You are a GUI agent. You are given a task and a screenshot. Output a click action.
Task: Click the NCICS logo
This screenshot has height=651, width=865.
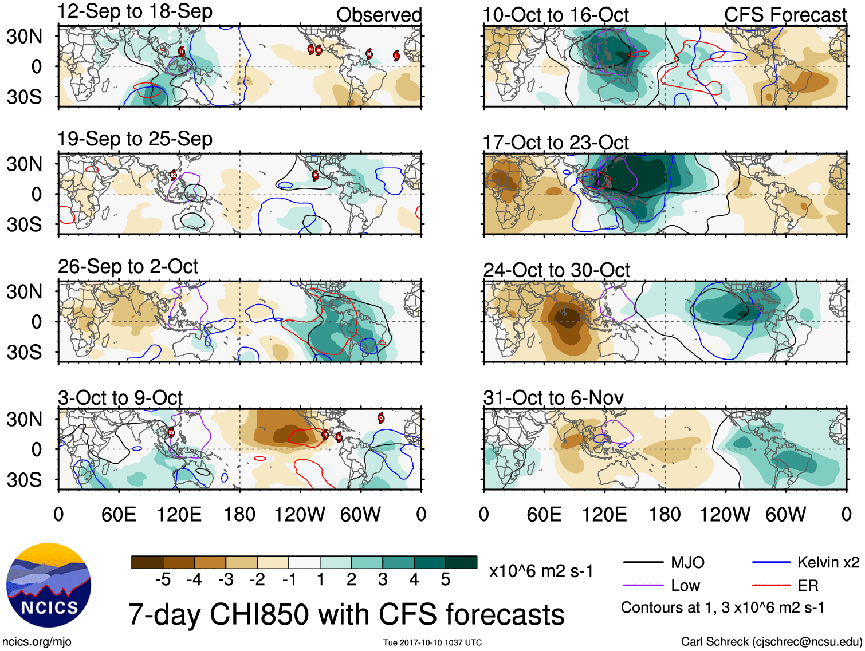tap(49, 585)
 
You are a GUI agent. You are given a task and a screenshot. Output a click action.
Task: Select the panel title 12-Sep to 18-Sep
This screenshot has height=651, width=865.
tap(135, 11)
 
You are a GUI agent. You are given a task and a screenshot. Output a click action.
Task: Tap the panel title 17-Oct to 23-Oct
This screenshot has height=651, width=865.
tap(556, 142)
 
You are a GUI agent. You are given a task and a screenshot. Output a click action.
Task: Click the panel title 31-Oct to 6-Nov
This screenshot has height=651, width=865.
tap(553, 397)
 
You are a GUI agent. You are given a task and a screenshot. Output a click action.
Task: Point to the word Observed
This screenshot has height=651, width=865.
tap(379, 15)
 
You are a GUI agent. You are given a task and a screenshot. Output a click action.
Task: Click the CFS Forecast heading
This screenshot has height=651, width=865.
tap(785, 15)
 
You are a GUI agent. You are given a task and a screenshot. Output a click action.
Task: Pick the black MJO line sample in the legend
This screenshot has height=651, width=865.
tap(643, 562)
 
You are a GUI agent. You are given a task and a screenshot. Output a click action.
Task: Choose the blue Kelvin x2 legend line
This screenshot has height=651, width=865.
tap(772, 562)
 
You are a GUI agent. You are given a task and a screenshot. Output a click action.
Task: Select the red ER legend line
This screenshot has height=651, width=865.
tap(772, 586)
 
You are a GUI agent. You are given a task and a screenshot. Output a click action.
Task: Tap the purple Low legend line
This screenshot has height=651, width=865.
tap(643, 586)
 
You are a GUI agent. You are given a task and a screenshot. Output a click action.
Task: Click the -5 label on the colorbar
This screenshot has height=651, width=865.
tap(163, 579)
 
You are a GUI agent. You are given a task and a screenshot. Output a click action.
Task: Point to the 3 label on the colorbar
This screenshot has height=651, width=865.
tap(383, 579)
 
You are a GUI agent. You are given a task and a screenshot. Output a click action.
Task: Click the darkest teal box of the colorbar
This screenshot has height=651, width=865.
tap(461, 562)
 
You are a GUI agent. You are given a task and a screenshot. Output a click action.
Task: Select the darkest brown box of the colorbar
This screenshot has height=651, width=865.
tap(147, 562)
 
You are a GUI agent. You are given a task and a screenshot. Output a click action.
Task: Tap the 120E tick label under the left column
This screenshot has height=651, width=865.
tap(179, 514)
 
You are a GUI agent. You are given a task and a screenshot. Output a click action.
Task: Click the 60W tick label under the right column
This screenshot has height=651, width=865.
tap(785, 514)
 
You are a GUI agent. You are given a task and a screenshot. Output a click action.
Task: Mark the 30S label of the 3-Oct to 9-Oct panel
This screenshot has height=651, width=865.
tap(24, 480)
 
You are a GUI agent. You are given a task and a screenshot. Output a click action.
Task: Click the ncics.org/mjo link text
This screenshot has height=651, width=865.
tap(37, 642)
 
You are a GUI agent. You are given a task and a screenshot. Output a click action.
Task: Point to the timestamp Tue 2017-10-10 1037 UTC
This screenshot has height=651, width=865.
tap(433, 642)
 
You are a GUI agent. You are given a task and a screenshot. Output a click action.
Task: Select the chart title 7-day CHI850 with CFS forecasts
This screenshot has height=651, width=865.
tap(346, 614)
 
